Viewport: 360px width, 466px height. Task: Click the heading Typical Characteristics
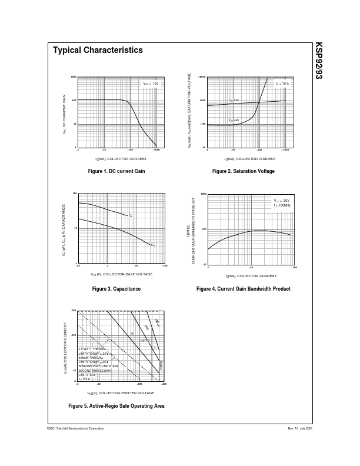point(98,51)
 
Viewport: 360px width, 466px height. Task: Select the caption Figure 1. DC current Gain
point(117,171)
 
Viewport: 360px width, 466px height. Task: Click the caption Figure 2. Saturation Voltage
point(243,171)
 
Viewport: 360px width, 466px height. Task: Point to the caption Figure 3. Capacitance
point(116,289)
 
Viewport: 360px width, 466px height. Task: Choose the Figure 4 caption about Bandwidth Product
point(243,289)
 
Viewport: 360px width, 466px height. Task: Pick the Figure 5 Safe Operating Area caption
point(116,406)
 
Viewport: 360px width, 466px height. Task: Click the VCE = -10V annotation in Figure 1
point(151,84)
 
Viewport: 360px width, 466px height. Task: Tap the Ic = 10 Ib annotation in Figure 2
point(282,84)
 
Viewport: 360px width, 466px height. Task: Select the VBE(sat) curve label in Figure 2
point(234,101)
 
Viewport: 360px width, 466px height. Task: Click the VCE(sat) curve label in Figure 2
point(234,120)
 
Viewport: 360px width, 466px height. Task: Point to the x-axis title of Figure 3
point(122,274)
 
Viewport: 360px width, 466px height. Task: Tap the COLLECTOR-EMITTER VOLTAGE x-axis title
point(121,392)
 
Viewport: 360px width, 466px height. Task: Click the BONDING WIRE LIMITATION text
point(98,366)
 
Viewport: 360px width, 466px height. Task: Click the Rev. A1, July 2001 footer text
point(299,429)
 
